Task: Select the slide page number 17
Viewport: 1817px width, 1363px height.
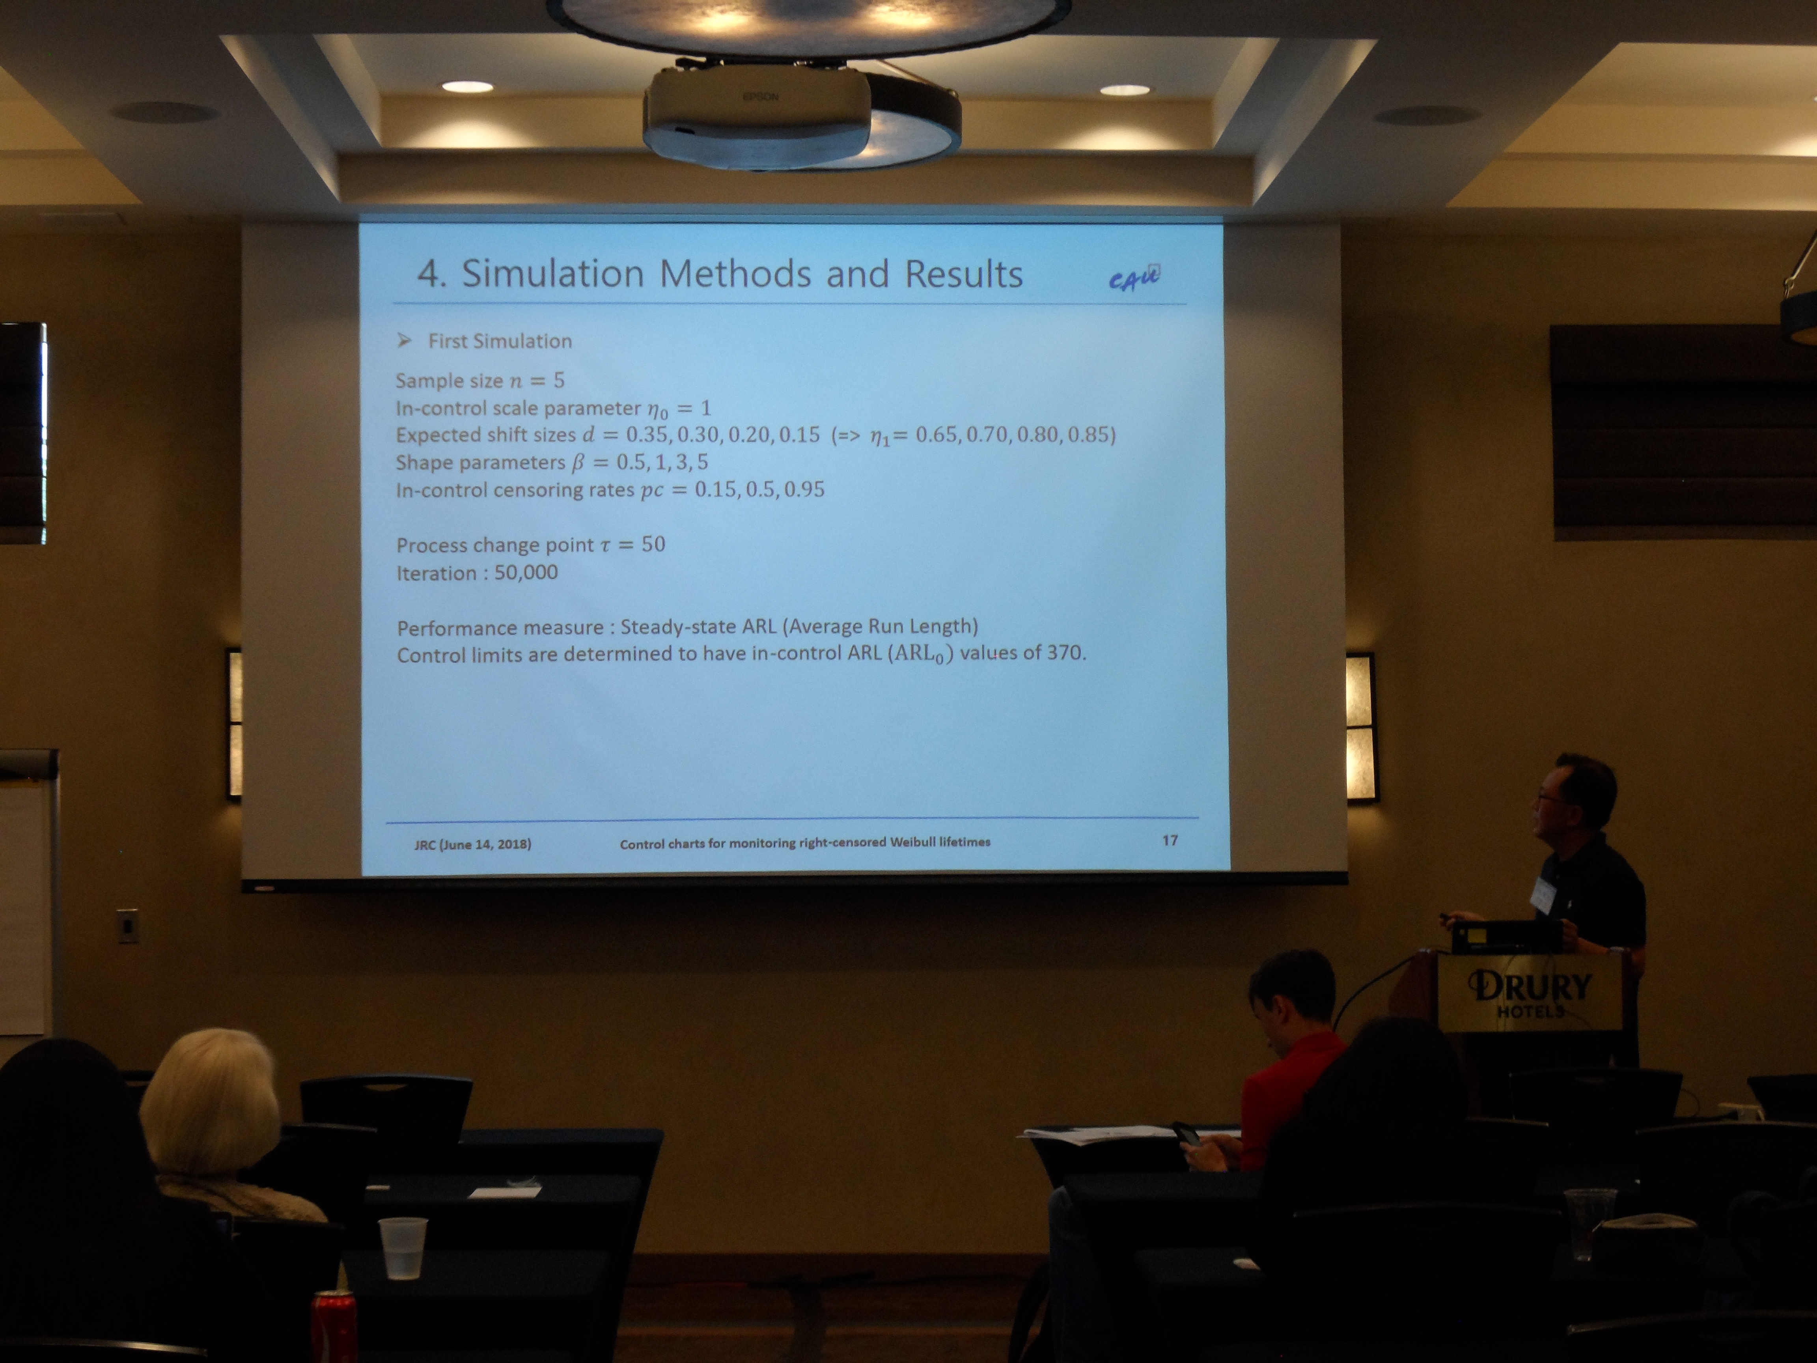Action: [1170, 840]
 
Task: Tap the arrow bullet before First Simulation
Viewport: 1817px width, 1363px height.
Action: [403, 340]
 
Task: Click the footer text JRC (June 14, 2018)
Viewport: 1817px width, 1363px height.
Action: [472, 844]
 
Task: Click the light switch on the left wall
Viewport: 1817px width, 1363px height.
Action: [127, 926]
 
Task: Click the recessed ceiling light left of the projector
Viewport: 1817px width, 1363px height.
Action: [466, 86]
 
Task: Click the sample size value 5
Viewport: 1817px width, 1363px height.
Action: [559, 379]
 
